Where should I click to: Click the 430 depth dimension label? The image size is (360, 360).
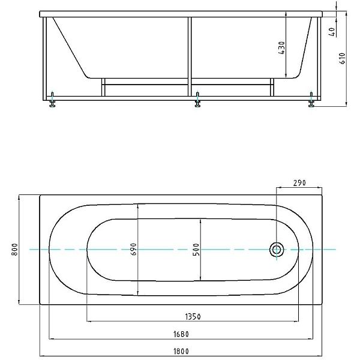coord(282,48)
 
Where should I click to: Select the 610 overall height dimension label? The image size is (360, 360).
coord(342,58)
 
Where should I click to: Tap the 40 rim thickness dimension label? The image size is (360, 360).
coord(332,32)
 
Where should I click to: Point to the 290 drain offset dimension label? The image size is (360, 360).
coord(299,183)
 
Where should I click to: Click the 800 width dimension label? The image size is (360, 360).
coord(14,250)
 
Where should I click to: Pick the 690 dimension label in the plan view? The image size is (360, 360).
coord(133,249)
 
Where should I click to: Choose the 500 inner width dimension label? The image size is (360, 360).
coord(196,250)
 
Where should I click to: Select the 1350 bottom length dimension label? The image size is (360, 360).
coord(193,317)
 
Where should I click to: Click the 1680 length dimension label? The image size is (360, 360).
coord(181,334)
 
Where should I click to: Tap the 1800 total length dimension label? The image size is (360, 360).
coord(181,351)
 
